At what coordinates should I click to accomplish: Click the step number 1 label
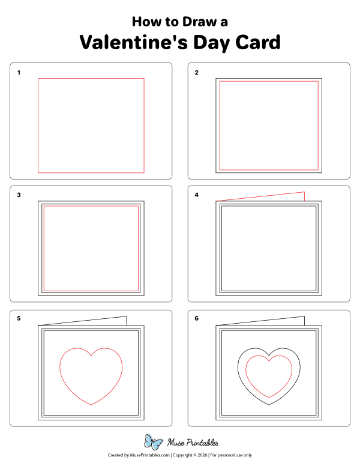(x=19, y=73)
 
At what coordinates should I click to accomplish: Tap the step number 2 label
(x=196, y=73)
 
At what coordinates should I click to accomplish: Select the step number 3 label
(x=19, y=195)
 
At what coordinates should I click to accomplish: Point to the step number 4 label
(x=196, y=195)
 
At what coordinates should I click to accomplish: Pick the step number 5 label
(x=19, y=318)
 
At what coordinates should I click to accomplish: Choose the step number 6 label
(x=196, y=318)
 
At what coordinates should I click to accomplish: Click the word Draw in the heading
(x=191, y=22)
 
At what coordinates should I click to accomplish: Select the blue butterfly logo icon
(x=153, y=443)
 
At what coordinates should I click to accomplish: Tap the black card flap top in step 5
(x=84, y=320)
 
